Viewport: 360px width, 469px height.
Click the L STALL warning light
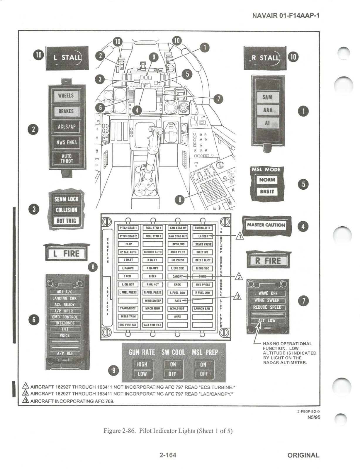(x=67, y=58)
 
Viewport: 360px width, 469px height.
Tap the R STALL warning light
(x=265, y=58)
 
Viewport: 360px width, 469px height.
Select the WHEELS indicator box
(x=66, y=96)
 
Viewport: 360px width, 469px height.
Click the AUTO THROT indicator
(x=67, y=159)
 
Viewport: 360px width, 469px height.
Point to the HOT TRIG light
(x=66, y=221)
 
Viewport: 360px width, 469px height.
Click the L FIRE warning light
(x=66, y=254)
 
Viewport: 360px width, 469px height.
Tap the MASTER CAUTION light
(x=266, y=225)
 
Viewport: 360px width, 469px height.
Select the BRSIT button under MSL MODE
(x=267, y=191)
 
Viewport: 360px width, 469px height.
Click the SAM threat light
(x=267, y=97)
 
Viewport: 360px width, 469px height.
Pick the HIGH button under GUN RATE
(x=142, y=364)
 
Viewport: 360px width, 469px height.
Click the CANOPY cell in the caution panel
(x=178, y=276)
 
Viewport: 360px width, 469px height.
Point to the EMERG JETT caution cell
(x=203, y=228)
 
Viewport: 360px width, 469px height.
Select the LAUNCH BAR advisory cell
(x=202, y=308)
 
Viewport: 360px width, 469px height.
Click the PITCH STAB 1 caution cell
(x=128, y=228)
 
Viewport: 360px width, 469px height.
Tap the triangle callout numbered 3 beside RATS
(x=238, y=297)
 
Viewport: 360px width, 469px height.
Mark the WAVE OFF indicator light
(x=268, y=293)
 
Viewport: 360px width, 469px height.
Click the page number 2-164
(x=168, y=455)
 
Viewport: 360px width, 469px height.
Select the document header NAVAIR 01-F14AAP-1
(x=286, y=15)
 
